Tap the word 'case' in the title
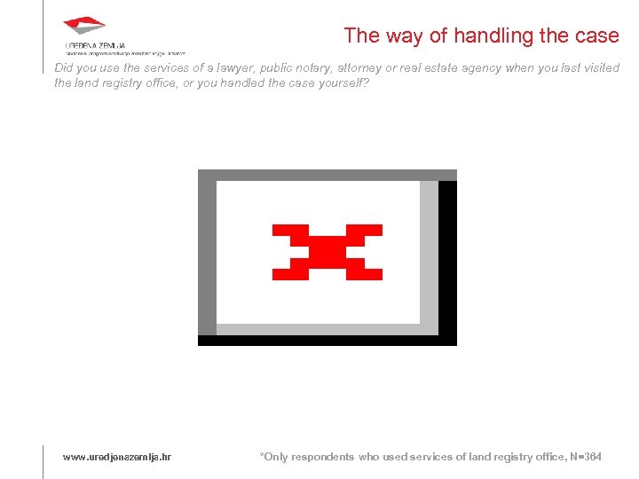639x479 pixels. point(599,35)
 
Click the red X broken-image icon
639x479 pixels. point(327,252)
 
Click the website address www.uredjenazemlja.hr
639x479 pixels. point(116,457)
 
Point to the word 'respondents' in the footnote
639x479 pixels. point(322,457)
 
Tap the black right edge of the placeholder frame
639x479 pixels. point(447,257)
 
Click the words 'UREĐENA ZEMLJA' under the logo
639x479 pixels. point(96,45)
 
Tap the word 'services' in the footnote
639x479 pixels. point(430,457)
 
